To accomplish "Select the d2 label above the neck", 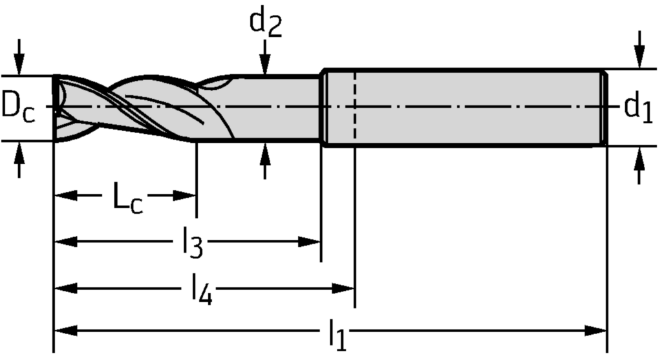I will tap(266, 24).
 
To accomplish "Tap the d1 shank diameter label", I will tap(637, 107).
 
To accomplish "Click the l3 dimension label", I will tap(192, 244).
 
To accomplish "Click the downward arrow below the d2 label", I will tap(264, 62).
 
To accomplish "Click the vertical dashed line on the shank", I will tap(354, 107).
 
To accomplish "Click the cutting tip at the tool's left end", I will tap(57, 107).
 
